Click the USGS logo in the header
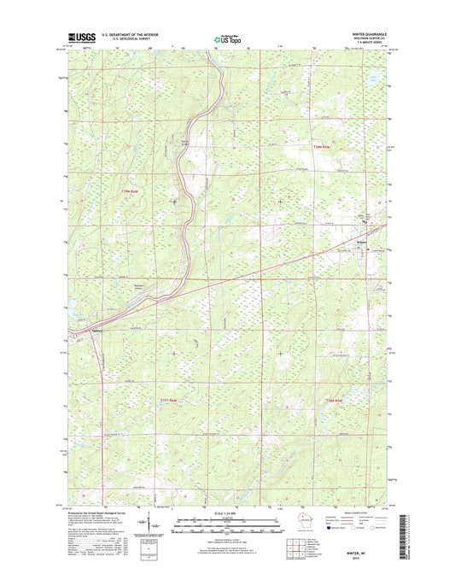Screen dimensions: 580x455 click(83, 38)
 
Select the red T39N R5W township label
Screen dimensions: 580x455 click(318, 148)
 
